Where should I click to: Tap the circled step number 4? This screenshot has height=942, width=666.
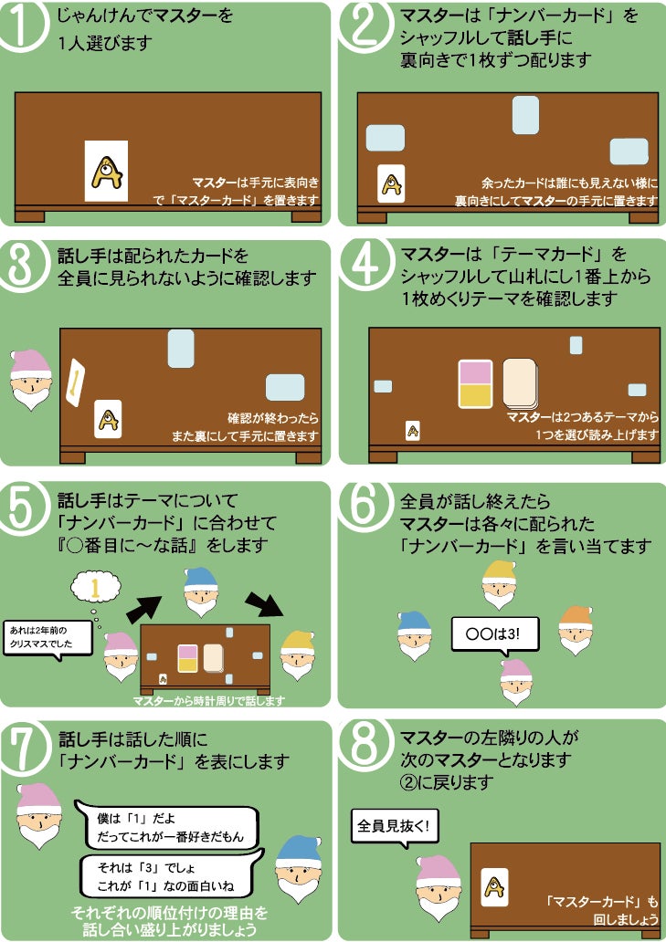pyautogui.click(x=365, y=265)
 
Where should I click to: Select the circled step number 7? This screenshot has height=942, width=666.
pyautogui.click(x=24, y=746)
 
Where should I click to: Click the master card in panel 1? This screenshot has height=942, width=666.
pyautogui.click(x=106, y=172)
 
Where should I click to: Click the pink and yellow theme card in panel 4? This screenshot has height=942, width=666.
pyautogui.click(x=475, y=384)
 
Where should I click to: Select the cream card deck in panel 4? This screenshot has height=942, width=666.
pyautogui.click(x=521, y=384)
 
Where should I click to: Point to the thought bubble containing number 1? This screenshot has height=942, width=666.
pyautogui.click(x=96, y=588)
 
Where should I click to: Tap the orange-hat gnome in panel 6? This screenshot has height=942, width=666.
pyautogui.click(x=576, y=630)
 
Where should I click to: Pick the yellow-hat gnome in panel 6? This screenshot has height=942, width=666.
pyautogui.click(x=499, y=584)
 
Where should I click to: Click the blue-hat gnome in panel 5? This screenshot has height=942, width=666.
pyautogui.click(x=201, y=591)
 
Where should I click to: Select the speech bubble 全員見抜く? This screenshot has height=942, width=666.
pyautogui.click(x=395, y=828)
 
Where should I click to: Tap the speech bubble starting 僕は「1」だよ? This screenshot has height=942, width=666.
pyautogui.click(x=168, y=827)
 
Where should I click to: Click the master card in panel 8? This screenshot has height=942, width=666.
pyautogui.click(x=494, y=886)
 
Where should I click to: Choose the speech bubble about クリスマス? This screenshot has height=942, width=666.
pyautogui.click(x=48, y=639)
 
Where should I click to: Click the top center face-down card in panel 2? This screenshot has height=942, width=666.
pyautogui.click(x=525, y=115)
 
